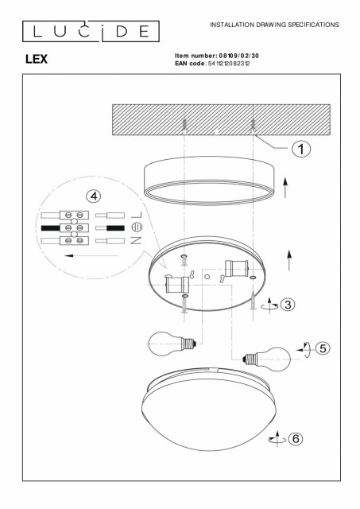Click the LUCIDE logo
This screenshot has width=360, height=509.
click(91, 31)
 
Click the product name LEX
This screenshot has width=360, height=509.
click(37, 59)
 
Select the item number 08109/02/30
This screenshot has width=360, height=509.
click(238, 56)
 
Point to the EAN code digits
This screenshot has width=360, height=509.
click(229, 64)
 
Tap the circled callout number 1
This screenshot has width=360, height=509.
click(301, 149)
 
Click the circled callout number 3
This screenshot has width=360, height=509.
click(288, 305)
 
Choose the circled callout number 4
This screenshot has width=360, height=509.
click(94, 196)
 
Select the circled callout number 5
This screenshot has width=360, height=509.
click(323, 348)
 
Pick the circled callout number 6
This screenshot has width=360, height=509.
click(296, 438)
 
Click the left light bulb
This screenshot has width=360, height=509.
click(172, 344)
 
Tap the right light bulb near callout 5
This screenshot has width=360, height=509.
click(267, 359)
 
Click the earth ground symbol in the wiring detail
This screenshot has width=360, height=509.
click(137, 227)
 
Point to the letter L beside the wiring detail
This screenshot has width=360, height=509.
click(137, 215)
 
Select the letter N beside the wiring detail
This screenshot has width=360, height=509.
click(137, 240)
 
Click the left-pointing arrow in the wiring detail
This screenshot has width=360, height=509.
click(91, 256)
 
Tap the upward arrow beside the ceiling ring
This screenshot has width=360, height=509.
click(285, 188)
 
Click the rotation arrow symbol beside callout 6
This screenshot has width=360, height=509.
click(277, 439)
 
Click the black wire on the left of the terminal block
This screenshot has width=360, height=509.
click(51, 228)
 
